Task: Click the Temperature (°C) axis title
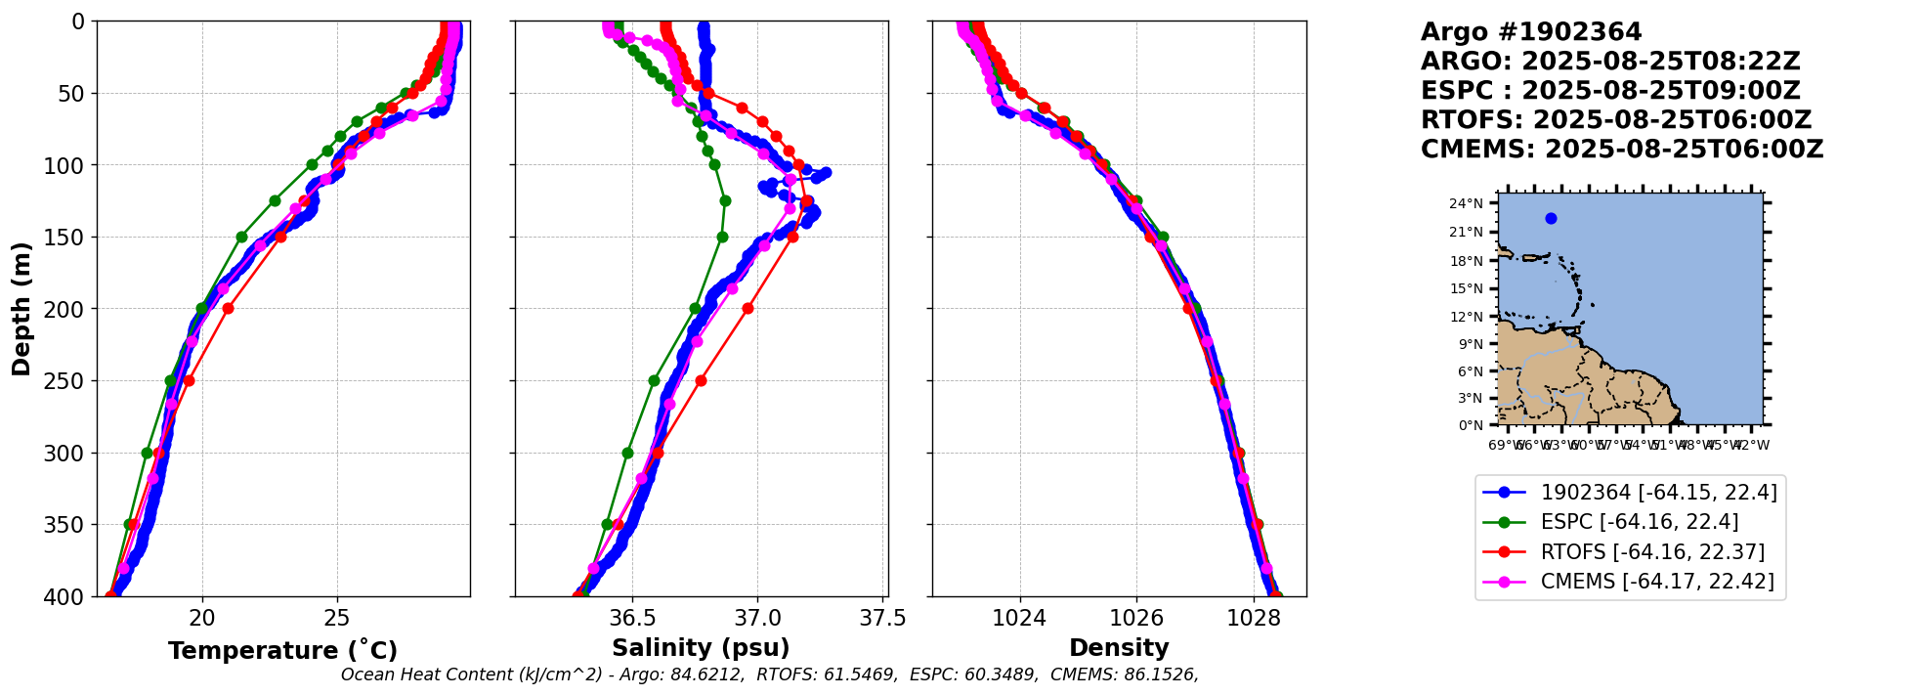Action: click(282, 651)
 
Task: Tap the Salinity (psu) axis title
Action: click(701, 648)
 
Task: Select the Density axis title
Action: click(1119, 648)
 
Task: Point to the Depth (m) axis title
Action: click(21, 309)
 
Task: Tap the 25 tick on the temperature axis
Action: click(337, 618)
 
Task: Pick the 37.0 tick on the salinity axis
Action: click(758, 618)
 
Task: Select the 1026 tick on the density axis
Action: click(1136, 618)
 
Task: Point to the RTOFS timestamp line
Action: click(1615, 120)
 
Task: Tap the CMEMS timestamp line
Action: click(1621, 150)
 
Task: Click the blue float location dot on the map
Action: click(1551, 218)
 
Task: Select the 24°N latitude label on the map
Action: click(1466, 204)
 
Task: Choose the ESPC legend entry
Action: click(1639, 522)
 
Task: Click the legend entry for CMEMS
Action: click(1656, 582)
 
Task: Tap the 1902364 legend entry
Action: click(1658, 492)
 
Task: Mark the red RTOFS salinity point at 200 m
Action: click(747, 308)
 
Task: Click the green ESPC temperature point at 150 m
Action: click(241, 237)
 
